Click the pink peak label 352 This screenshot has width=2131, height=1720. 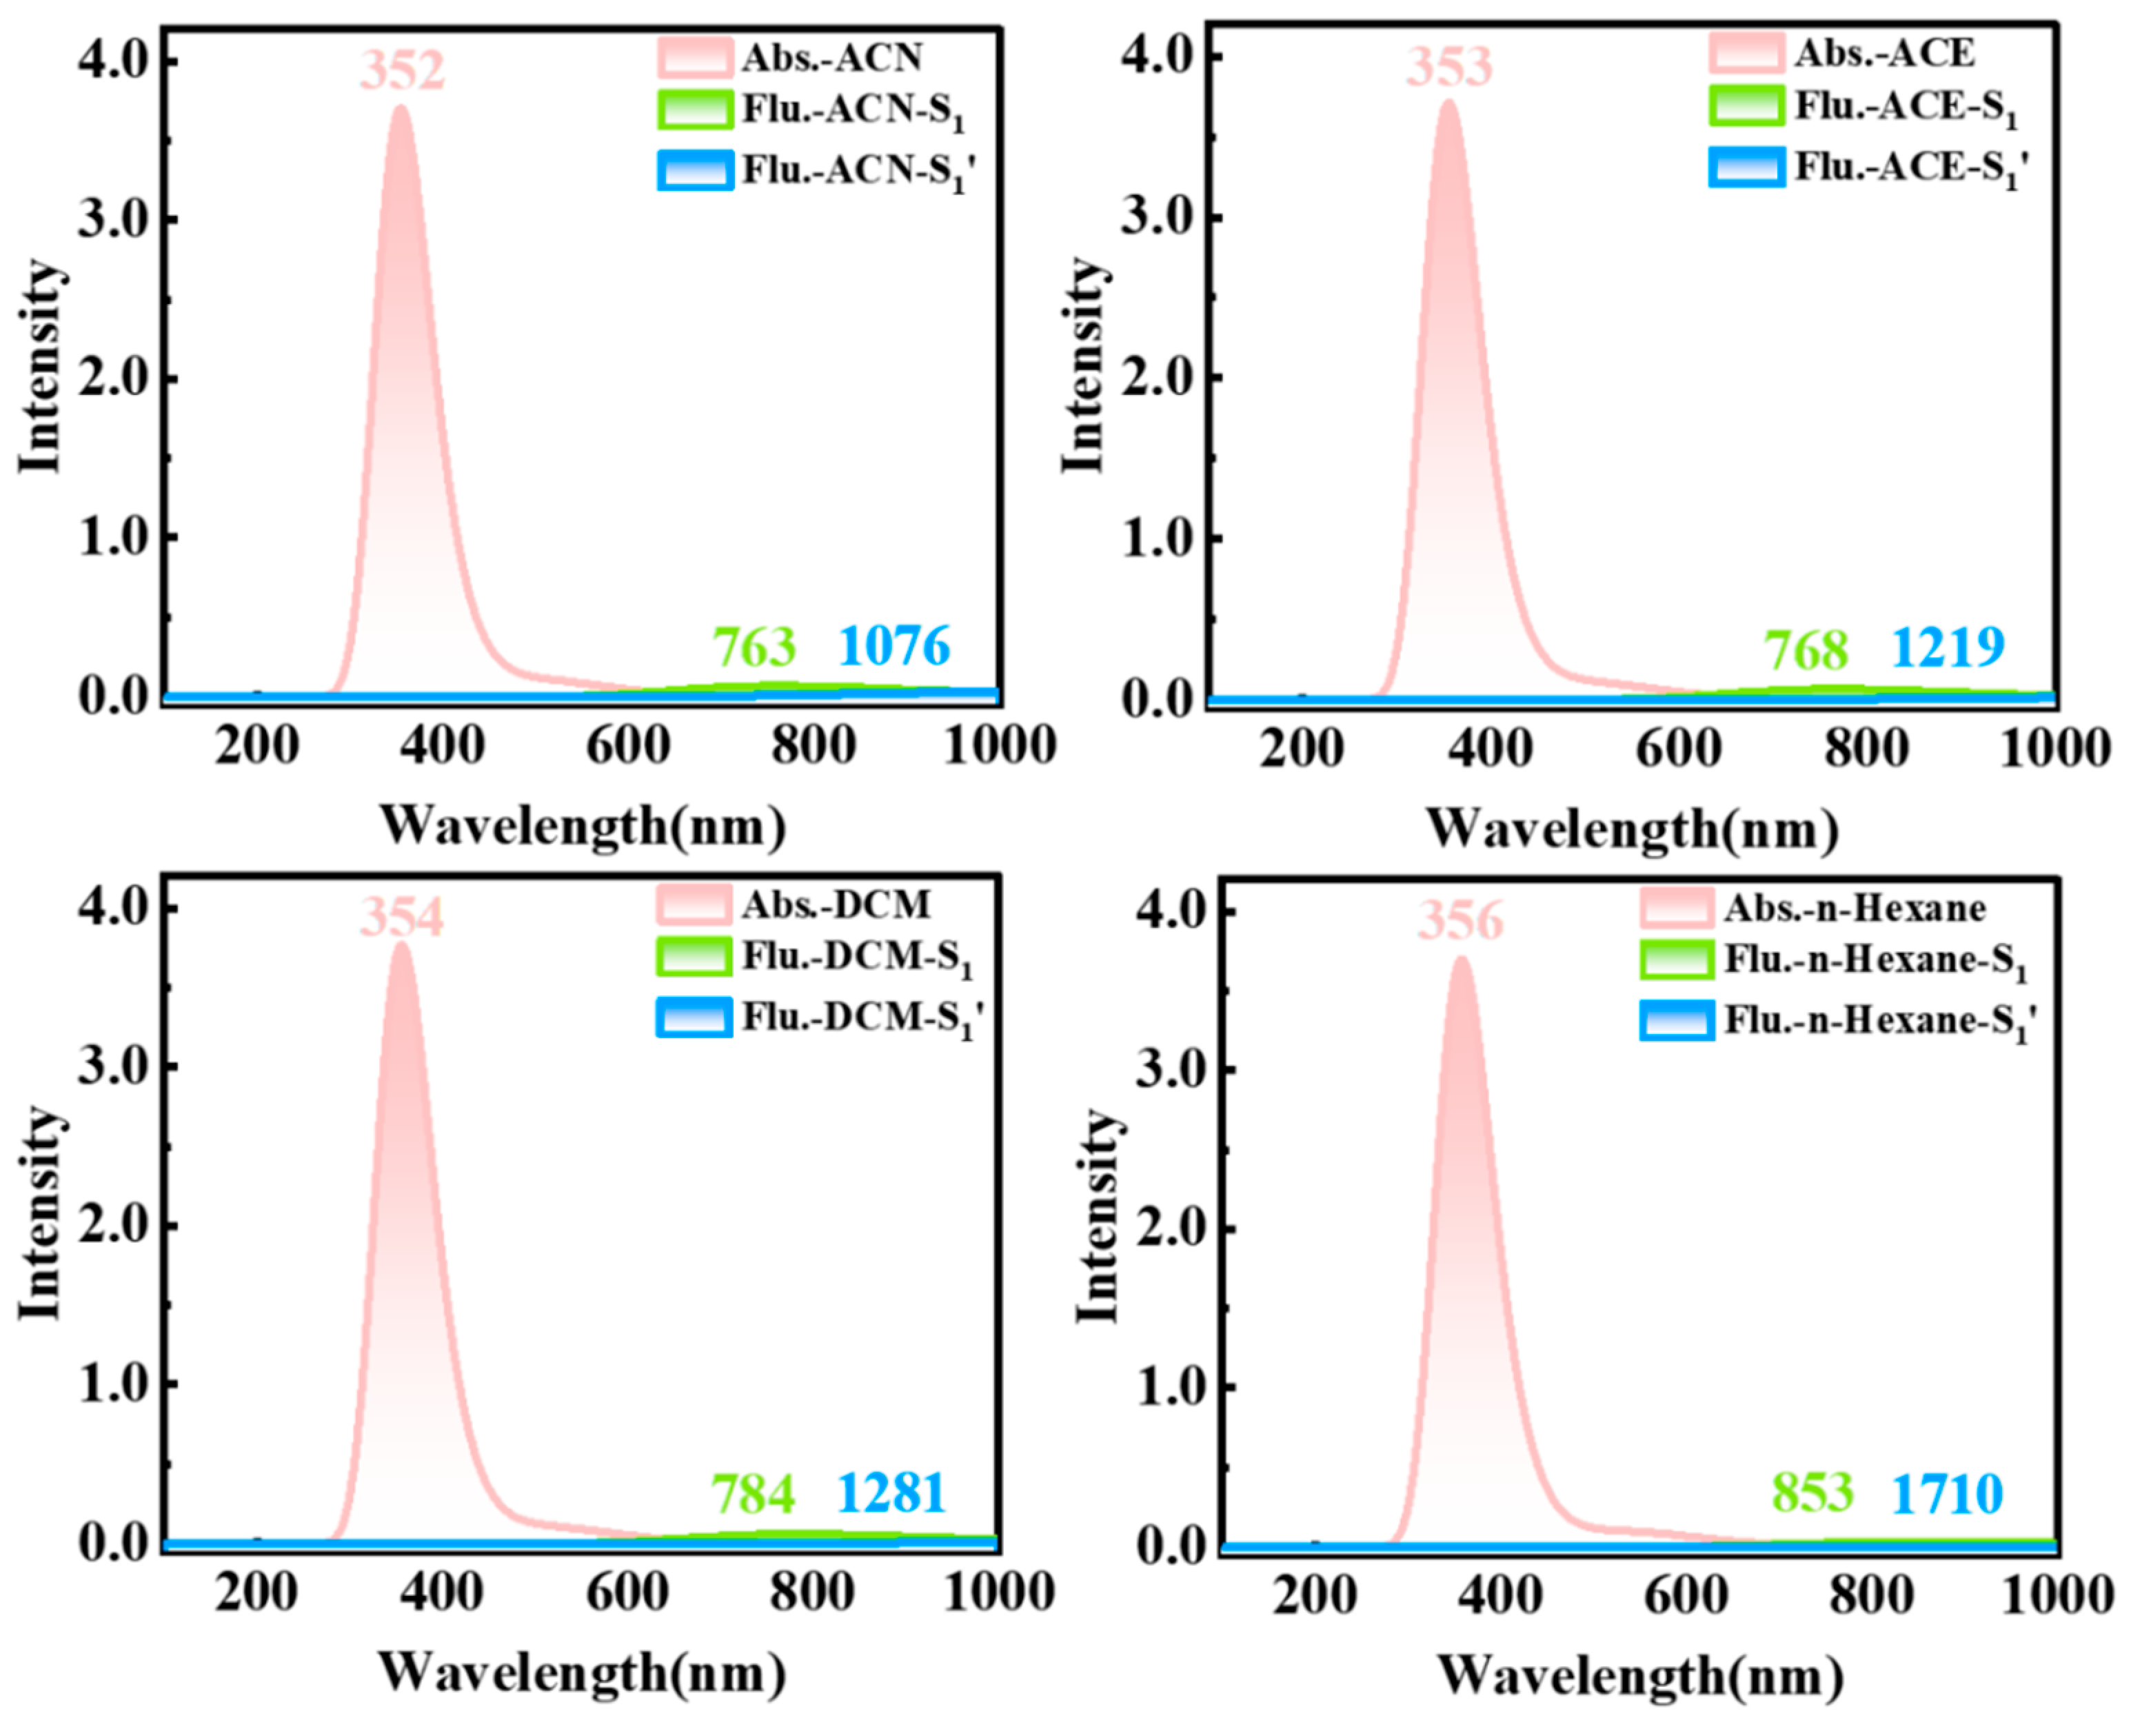[402, 71]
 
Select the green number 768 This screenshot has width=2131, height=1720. [1806, 650]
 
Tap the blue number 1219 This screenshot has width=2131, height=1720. [1948, 648]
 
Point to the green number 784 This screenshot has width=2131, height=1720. [753, 1494]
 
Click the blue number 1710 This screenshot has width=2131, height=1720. [1947, 1494]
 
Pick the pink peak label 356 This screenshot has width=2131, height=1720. [1460, 920]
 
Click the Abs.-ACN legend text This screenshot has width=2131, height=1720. [832, 57]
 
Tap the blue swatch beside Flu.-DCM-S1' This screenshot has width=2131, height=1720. [694, 1017]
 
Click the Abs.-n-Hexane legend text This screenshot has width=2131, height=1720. [1855, 907]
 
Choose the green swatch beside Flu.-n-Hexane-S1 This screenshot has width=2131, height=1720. [1676, 959]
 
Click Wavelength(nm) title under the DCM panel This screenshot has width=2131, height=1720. [583, 1672]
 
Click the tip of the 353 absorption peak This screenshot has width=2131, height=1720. [1449, 101]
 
